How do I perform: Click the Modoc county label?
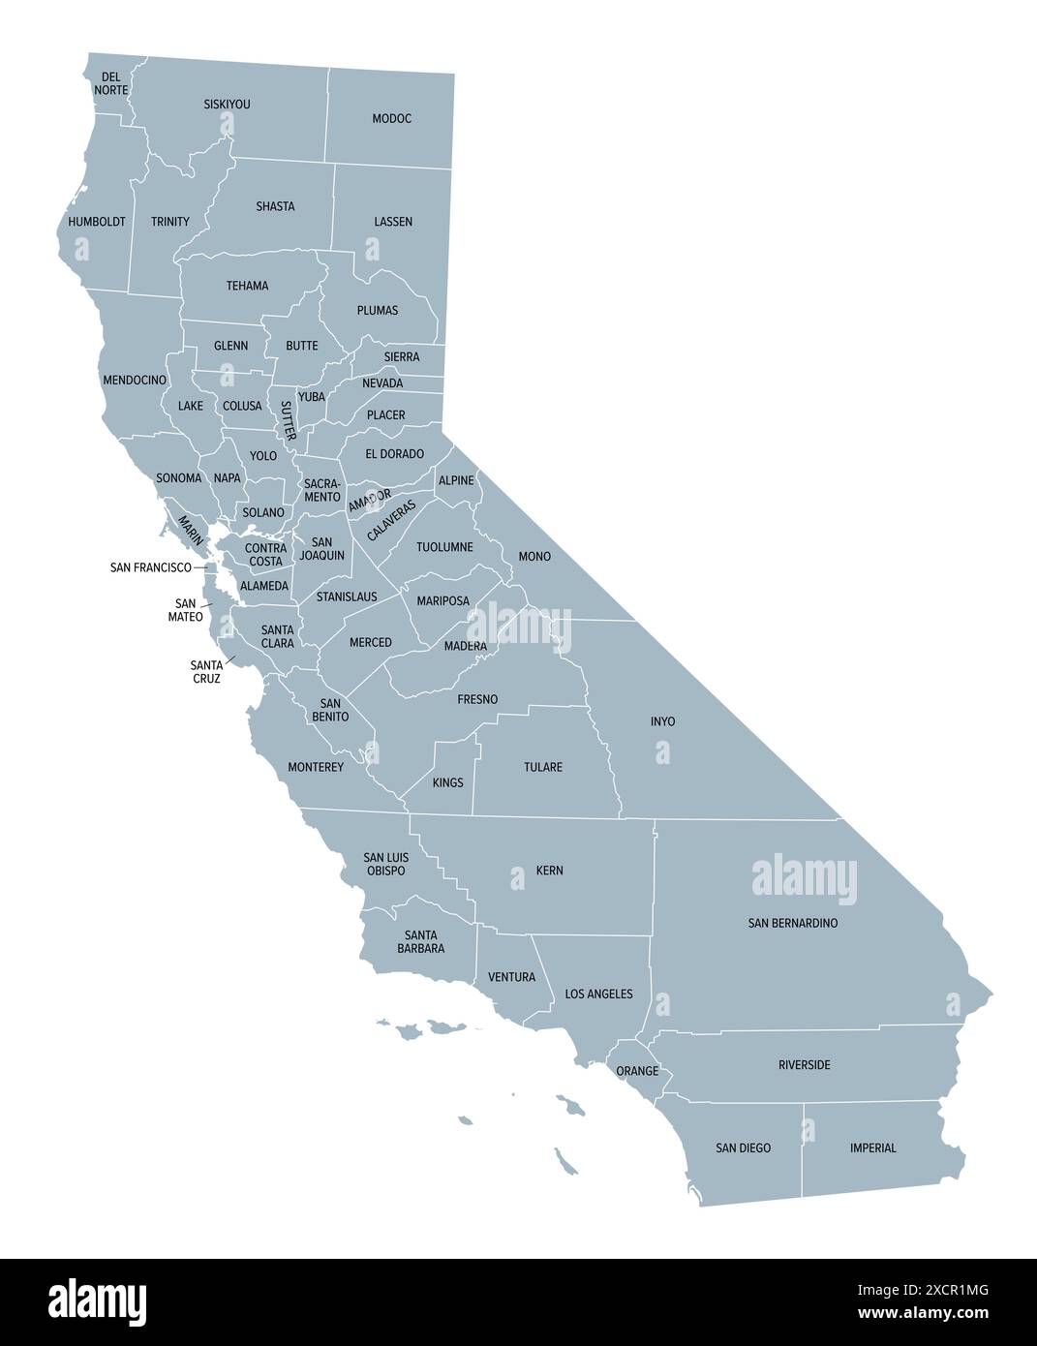tap(392, 119)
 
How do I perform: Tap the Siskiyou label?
tap(228, 104)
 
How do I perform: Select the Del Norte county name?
tap(111, 83)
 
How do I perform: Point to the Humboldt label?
tap(97, 222)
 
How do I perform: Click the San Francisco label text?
tap(151, 567)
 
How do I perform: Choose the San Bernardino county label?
tap(793, 923)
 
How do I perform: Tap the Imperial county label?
tap(873, 1148)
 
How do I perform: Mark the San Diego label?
tap(744, 1148)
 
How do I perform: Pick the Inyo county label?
tap(663, 721)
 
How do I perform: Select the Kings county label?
tap(448, 782)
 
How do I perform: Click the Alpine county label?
tap(456, 480)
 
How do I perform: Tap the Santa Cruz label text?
tap(205, 672)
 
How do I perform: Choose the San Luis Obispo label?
tap(384, 864)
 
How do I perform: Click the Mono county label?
tap(534, 557)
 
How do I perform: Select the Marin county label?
tap(190, 528)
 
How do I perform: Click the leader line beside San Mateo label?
tap(207, 604)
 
